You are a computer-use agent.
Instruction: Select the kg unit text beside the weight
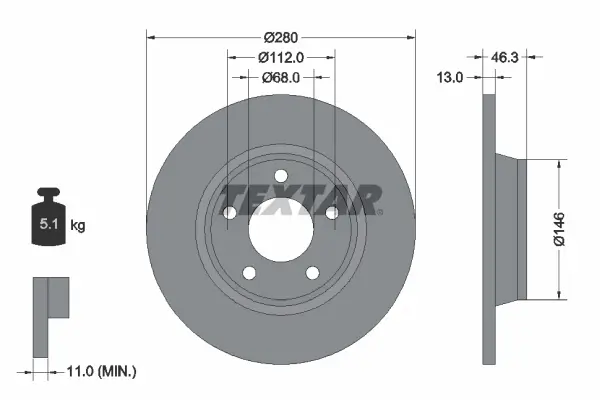[x=78, y=226]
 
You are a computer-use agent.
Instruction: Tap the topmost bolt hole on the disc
[x=281, y=177]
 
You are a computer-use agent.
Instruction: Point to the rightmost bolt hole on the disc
[x=331, y=211]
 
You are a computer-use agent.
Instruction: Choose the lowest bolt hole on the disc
[x=311, y=270]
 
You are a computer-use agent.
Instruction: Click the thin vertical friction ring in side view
[x=488, y=230]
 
